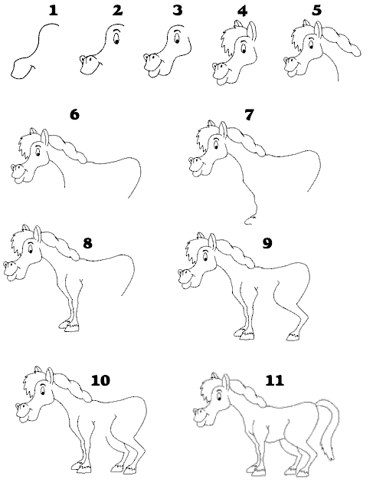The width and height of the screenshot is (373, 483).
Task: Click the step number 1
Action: tap(54, 11)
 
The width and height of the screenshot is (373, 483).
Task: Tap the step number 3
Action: tap(177, 11)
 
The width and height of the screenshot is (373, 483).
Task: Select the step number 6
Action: tap(75, 114)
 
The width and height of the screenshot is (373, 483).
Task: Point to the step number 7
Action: tap(249, 114)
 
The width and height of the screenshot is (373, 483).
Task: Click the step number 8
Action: tap(88, 243)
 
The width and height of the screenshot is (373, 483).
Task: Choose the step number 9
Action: tap(267, 243)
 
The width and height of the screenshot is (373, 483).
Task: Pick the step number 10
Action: tap(100, 380)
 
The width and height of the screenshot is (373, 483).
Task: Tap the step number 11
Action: tap(274, 380)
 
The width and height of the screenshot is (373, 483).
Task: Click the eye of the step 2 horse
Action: tap(116, 38)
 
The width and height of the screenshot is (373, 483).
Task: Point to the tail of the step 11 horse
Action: tap(328, 428)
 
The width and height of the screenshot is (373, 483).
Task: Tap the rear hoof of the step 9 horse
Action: tap(293, 337)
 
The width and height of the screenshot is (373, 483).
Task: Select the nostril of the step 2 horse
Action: tap(83, 58)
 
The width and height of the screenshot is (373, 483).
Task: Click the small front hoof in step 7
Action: tap(250, 220)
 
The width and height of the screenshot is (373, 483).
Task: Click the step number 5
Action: tap(316, 11)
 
